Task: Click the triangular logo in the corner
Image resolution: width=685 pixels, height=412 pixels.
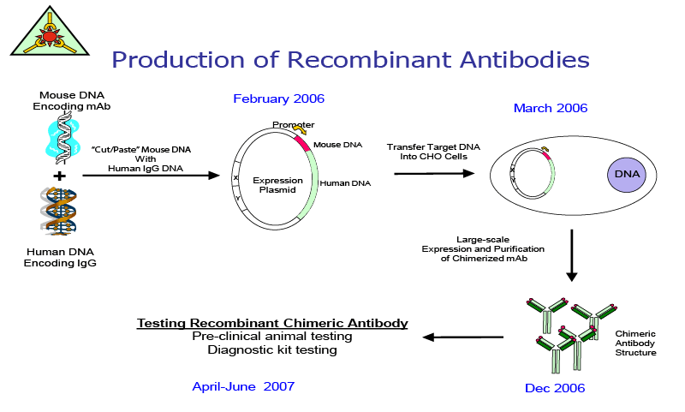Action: pyautogui.click(x=50, y=33)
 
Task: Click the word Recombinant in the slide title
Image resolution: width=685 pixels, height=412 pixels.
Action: pyautogui.click(x=369, y=59)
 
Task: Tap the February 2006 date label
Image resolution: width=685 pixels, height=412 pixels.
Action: pyautogui.click(x=279, y=99)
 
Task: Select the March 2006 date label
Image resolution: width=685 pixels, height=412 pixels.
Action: pyautogui.click(x=551, y=108)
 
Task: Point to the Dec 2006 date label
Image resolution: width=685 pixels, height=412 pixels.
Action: pyautogui.click(x=555, y=388)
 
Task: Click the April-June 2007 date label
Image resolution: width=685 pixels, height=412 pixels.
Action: pyautogui.click(x=243, y=386)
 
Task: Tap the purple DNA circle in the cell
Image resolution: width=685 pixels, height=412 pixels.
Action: pyautogui.click(x=627, y=175)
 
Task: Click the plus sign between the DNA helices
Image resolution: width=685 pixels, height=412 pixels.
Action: pyautogui.click(x=59, y=176)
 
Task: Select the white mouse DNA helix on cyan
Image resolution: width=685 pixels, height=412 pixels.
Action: pyautogui.click(x=63, y=137)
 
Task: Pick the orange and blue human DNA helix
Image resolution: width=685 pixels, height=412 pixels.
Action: pyautogui.click(x=58, y=212)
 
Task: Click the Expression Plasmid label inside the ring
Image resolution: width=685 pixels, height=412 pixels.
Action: pyautogui.click(x=277, y=185)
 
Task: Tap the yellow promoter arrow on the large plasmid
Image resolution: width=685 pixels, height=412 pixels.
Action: pyautogui.click(x=300, y=129)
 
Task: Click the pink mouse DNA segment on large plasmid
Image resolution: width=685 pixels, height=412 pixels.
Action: pyautogui.click(x=302, y=143)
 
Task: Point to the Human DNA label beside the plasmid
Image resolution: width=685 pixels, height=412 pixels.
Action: pyautogui.click(x=345, y=183)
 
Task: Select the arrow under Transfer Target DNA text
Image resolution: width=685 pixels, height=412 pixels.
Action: pyautogui.click(x=434, y=173)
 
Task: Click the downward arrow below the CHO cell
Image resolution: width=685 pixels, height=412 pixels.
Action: pyautogui.click(x=571, y=255)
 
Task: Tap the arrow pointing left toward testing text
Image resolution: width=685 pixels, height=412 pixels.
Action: pyautogui.click(x=462, y=337)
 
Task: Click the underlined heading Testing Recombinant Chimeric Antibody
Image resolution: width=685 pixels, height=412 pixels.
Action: pyautogui.click(x=272, y=323)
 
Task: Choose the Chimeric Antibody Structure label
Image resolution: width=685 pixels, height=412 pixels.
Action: pyautogui.click(x=635, y=343)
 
